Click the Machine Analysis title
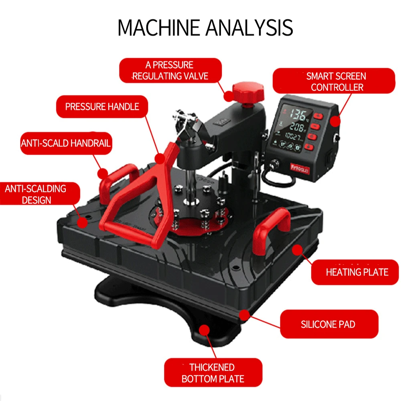205,28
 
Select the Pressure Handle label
102,106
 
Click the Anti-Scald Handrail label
66,143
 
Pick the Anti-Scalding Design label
36,194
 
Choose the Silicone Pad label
328,324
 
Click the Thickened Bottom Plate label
213,373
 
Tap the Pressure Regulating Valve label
170,70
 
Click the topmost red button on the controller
319,116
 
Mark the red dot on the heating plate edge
297,250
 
